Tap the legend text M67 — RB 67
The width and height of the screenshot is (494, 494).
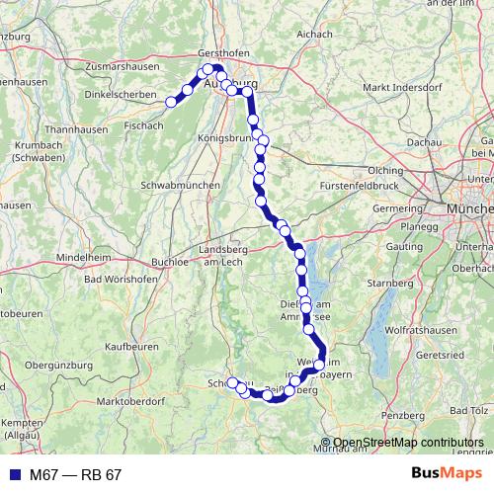point(74,475)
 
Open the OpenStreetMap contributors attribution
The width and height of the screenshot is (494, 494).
point(408,443)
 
